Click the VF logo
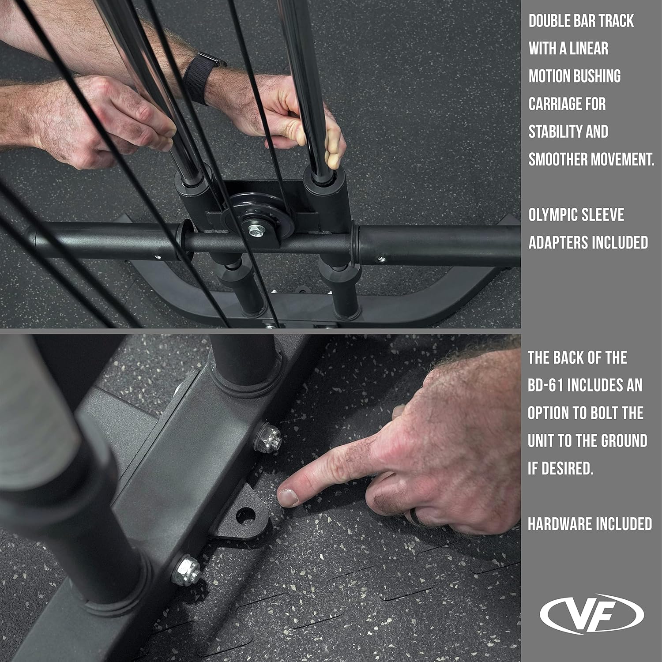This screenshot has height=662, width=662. coord(592,613)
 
